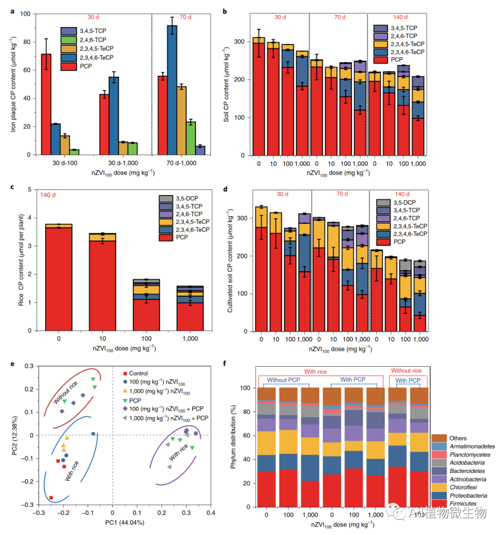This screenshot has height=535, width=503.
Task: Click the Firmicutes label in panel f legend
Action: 463,503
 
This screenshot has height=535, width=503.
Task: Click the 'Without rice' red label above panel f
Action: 406,370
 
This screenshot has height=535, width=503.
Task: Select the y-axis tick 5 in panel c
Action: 29,190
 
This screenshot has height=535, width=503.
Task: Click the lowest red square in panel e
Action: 51,498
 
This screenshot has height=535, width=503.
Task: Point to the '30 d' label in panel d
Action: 282,194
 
